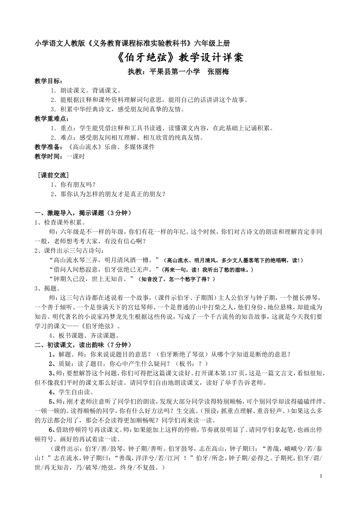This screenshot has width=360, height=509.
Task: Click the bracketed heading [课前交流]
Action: point(53,175)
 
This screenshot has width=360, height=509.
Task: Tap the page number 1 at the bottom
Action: point(321,475)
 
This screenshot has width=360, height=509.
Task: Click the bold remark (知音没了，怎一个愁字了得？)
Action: point(177,279)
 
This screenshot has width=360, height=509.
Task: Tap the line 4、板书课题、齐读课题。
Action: point(84,335)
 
